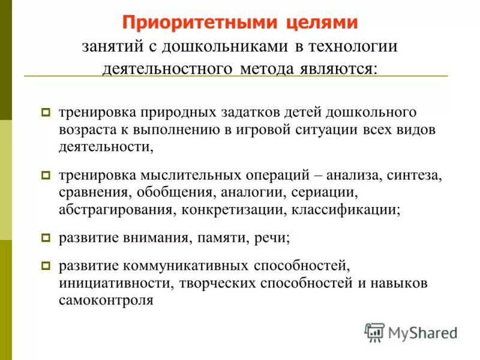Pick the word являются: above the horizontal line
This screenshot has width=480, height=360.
point(342,68)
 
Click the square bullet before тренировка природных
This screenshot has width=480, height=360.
point(46,112)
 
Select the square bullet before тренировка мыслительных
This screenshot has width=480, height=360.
point(46,176)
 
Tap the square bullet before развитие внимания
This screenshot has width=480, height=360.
point(46,238)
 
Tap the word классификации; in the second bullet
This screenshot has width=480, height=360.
point(350,210)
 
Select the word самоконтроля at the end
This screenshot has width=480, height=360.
point(106,300)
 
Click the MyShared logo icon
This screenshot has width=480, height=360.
point(374,332)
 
